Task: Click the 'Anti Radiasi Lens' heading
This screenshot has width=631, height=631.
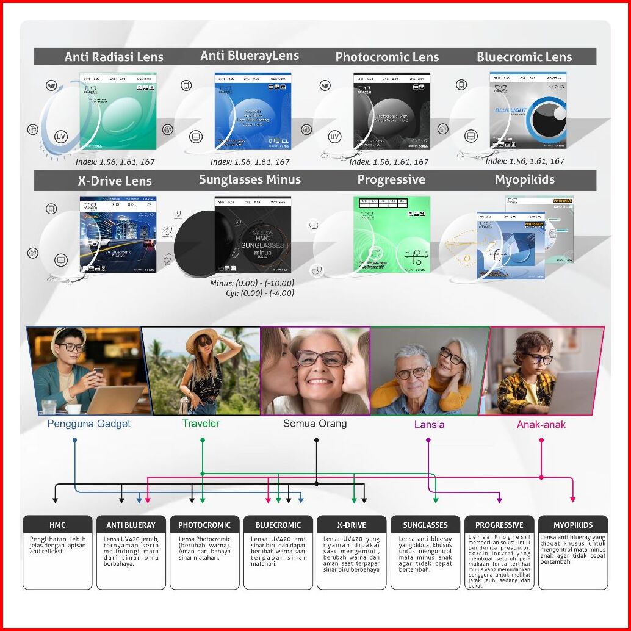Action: (114, 57)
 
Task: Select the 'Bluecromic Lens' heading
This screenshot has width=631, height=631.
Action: (524, 57)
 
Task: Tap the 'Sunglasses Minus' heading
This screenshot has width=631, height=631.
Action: (250, 179)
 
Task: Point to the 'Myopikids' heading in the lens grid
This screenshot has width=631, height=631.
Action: (525, 179)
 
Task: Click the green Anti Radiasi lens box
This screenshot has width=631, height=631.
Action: (118, 110)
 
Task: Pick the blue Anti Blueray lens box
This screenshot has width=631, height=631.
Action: (253, 110)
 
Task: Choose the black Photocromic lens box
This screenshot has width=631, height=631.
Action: (391, 110)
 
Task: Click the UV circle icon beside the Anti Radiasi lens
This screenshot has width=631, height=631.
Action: (61, 137)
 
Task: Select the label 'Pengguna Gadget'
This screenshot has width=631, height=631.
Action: (89, 424)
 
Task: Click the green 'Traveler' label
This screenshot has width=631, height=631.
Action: (201, 423)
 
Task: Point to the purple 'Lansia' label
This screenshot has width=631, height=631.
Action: (429, 424)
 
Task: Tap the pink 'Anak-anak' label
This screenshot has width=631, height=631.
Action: (541, 424)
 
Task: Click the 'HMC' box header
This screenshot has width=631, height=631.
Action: (57, 525)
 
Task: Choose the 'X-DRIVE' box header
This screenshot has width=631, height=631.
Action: (352, 525)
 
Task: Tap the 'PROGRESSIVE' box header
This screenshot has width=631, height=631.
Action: (499, 525)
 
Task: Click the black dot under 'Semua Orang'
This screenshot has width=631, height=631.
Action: (316, 440)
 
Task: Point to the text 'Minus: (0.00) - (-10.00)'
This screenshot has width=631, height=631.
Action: (251, 283)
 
